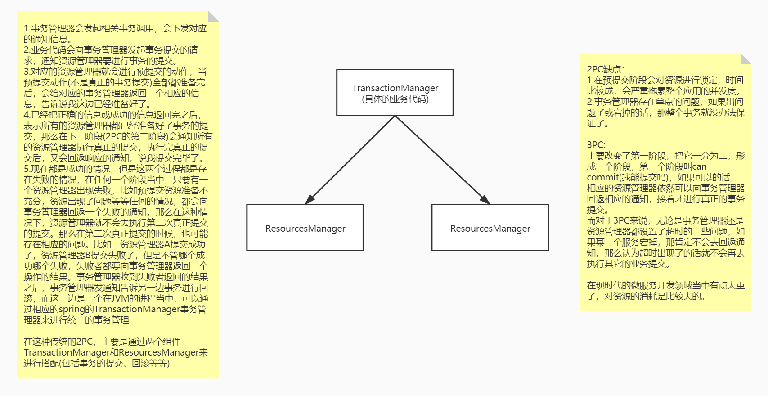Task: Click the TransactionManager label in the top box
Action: pos(395,88)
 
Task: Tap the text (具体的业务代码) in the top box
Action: pos(395,99)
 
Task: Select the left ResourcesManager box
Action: pos(305,227)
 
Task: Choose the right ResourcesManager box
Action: pos(490,227)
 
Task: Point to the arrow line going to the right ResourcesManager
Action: pos(443,160)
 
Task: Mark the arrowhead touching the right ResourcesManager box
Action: pos(485,199)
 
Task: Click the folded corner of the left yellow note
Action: pos(213,16)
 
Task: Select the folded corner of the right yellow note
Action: pos(746,58)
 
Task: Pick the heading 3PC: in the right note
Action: pos(596,145)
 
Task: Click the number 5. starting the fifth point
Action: pos(27,169)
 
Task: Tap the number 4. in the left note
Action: pos(27,114)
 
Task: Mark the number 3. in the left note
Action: pos(27,71)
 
